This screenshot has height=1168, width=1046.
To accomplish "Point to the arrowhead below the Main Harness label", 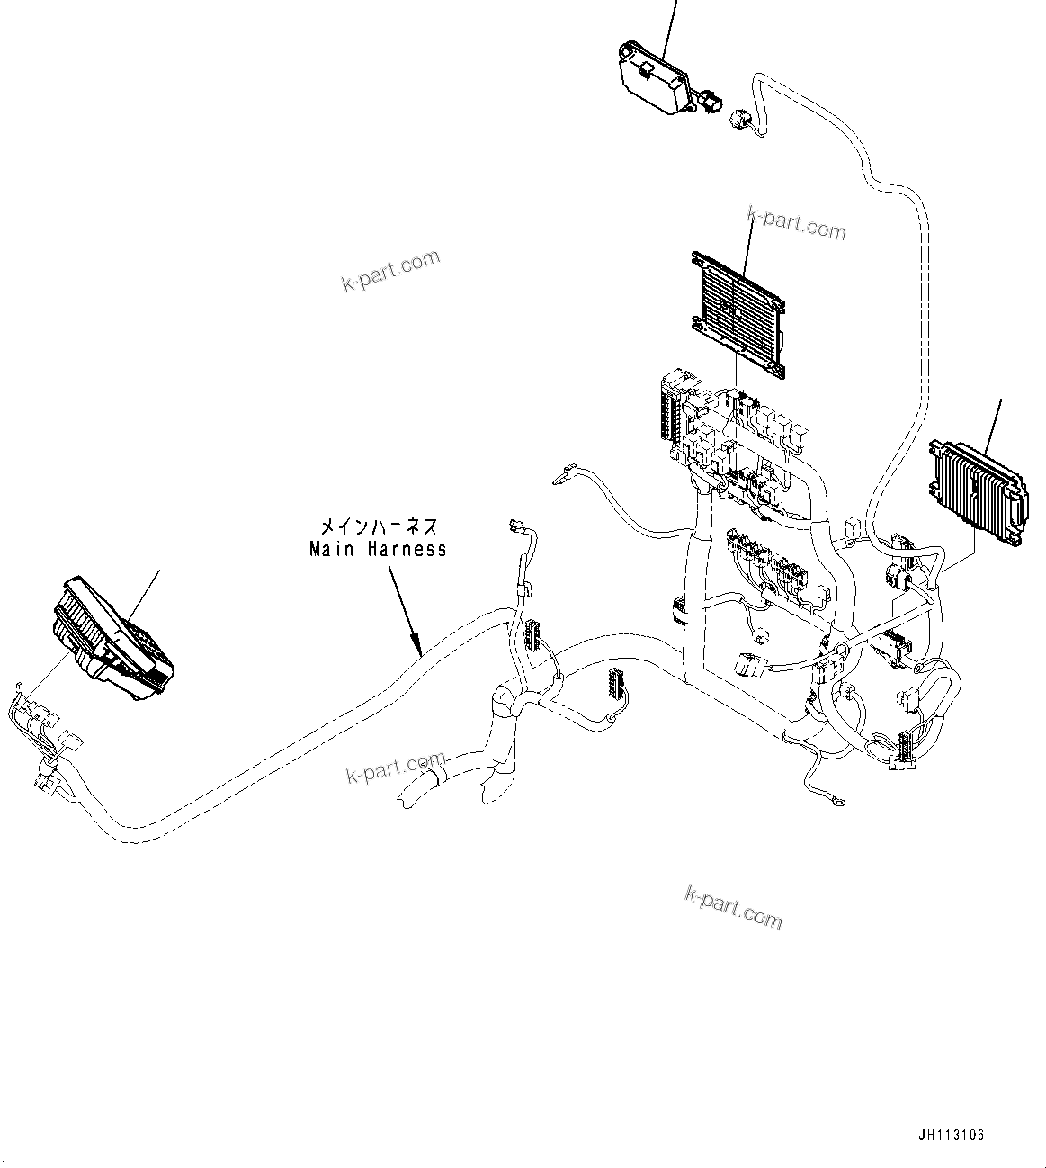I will (417, 644).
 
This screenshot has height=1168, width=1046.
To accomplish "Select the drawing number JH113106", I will (952, 1135).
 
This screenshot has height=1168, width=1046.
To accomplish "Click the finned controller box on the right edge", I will (976, 491).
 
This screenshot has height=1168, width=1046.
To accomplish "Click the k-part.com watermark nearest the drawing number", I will (733, 906).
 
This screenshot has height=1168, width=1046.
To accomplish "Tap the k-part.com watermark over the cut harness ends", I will (396, 768).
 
